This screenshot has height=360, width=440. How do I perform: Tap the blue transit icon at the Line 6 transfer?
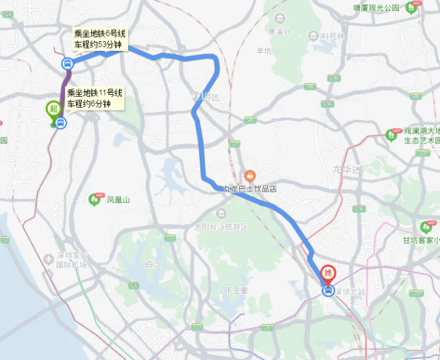67,64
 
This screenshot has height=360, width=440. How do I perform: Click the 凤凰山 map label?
118,200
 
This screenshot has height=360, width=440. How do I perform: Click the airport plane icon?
48,259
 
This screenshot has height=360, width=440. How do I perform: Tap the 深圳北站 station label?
349,291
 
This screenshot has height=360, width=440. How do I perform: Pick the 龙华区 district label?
348,169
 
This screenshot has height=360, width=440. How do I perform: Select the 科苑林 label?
332,36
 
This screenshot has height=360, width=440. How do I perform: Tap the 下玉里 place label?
237,290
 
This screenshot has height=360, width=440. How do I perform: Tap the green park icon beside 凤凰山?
94,199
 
